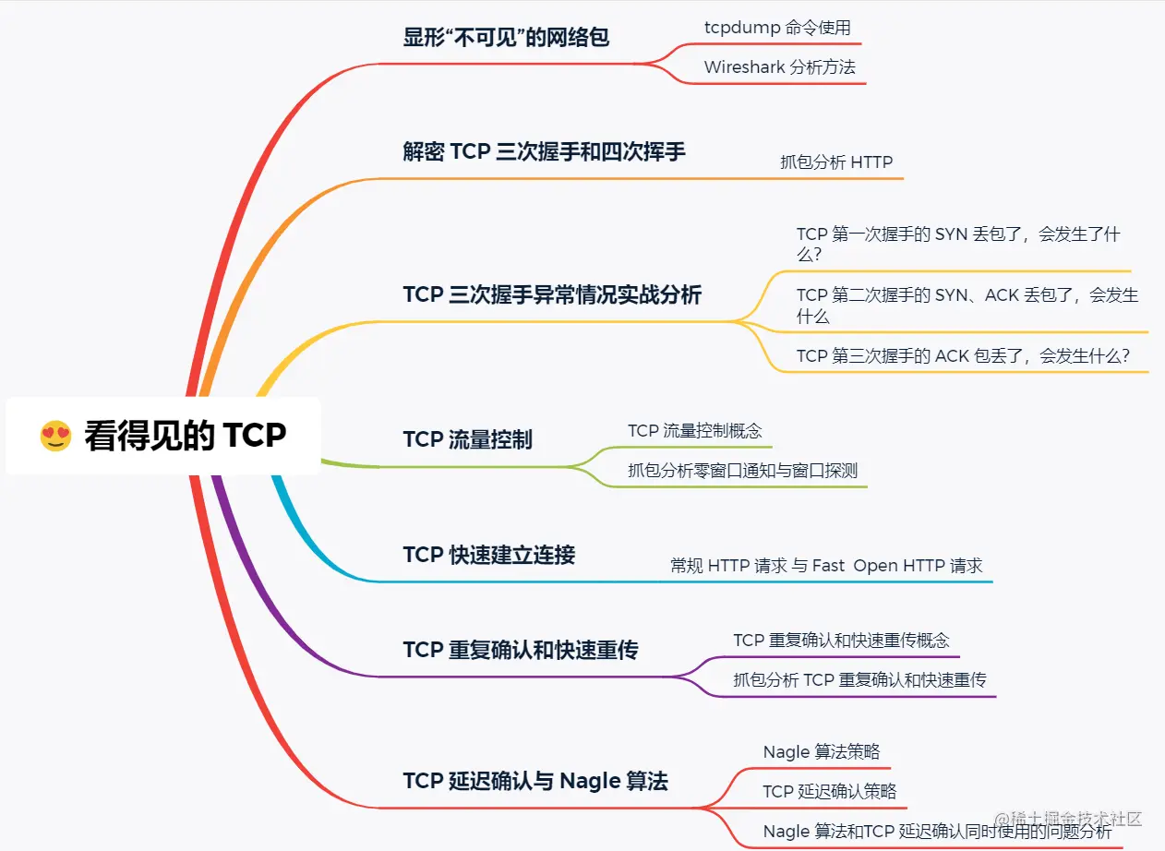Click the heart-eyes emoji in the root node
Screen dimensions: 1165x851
coord(56,435)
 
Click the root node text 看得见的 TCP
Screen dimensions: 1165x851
coord(186,436)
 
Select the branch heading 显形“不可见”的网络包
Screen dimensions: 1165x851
coord(506,38)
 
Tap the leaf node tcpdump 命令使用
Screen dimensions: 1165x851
coord(777,28)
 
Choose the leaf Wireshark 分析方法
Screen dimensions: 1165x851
coord(779,67)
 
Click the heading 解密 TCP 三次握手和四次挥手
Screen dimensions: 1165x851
coord(544,151)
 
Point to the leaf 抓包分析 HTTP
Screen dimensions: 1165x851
coord(836,162)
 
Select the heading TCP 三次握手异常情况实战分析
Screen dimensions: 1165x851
coord(552,294)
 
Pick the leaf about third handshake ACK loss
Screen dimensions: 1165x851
coord(963,355)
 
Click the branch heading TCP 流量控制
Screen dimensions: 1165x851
coord(467,439)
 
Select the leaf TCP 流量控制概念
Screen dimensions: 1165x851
coord(695,430)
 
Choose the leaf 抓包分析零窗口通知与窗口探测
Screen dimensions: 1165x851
coord(742,471)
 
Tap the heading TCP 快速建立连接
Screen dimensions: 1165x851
coord(488,555)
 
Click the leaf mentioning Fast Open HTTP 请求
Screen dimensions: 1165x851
coord(826,566)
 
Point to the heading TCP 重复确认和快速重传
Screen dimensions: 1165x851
coord(521,650)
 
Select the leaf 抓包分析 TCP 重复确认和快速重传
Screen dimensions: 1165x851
coord(859,680)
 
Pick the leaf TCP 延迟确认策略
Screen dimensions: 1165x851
coord(829,791)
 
